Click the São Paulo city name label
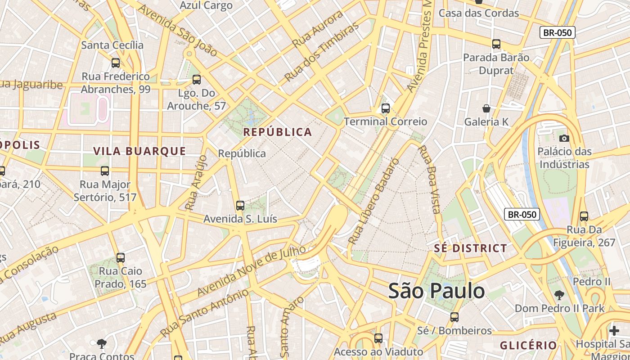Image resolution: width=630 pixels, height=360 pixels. [x=436, y=291]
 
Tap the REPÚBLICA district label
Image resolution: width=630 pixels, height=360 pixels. [x=278, y=132]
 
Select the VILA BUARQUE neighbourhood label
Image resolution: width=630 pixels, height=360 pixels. [x=139, y=151]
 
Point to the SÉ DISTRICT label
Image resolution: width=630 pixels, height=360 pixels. [x=471, y=248]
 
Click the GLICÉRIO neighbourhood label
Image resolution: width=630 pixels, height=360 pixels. [x=528, y=346]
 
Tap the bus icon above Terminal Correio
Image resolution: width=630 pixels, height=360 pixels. [x=385, y=108]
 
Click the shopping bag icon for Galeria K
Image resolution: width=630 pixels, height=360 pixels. [x=486, y=108]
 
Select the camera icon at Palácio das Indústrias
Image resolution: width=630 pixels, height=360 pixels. [x=564, y=138]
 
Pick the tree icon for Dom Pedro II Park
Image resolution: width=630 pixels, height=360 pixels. [x=559, y=295]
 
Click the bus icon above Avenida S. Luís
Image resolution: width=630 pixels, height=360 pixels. [x=240, y=206]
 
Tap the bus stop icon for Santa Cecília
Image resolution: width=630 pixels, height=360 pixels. [x=116, y=63]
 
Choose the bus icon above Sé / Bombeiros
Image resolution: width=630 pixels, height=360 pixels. [x=454, y=317]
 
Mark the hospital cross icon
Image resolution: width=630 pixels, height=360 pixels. [x=614, y=331]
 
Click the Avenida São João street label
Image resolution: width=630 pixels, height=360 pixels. [x=178, y=30]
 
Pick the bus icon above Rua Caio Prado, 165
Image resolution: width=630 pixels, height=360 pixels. [x=120, y=258]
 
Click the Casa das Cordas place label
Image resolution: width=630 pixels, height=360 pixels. [x=479, y=13]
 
